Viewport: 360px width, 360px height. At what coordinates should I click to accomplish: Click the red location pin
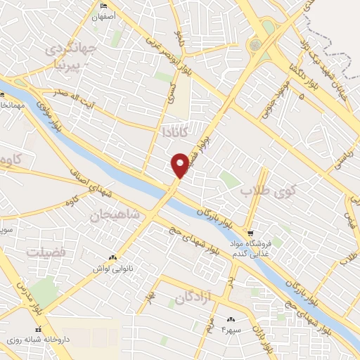(x=181, y=165)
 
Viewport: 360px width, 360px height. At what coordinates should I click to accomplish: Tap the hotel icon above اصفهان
(x=105, y=6)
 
